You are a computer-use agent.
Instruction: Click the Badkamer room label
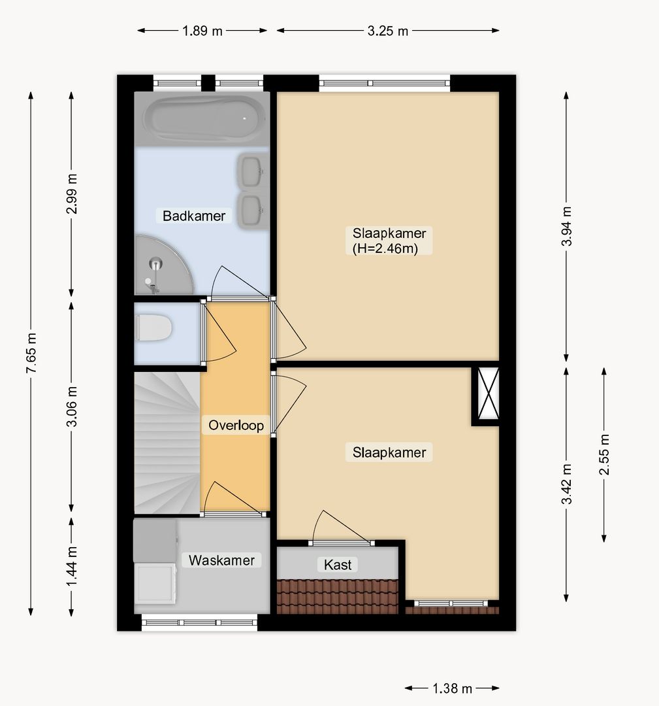pos(194,216)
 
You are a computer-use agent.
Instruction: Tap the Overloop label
pos(236,425)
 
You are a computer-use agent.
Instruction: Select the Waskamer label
pos(221,560)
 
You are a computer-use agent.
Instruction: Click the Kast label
pos(338,565)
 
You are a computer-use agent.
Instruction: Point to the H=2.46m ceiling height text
pos(385,248)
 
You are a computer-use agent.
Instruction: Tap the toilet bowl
pos(154,328)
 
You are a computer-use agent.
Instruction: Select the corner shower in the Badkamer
pos(164,265)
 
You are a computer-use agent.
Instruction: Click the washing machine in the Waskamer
pos(155,583)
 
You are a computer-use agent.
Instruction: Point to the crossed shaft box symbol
pos(488,394)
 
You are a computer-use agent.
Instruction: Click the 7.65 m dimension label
pos(31,354)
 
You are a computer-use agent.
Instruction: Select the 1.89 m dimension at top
pos(202,31)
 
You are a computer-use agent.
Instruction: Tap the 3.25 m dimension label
pos(388,31)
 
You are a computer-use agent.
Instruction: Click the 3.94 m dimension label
pos(567,226)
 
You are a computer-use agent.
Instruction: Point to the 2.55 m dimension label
pos(604,455)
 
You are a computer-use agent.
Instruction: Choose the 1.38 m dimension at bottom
pos(452,688)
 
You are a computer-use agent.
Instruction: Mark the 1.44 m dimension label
pos(72,566)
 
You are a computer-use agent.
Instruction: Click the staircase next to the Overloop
pos(167,443)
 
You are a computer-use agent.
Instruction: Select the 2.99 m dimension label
pos(72,193)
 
